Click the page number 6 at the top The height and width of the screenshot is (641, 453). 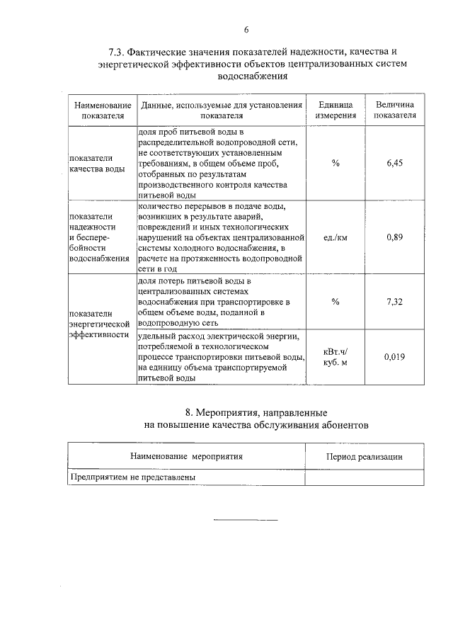pos(246,30)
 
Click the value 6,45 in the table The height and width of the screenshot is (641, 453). pos(394,163)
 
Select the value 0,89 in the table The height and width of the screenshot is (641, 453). pos(394,237)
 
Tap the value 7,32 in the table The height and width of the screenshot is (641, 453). pos(394,302)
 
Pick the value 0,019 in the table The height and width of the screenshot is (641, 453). pos(394,357)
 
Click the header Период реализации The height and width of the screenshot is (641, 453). pos(364,457)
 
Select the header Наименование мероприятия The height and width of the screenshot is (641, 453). pos(186,457)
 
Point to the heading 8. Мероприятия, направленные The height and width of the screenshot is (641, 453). pos(256,412)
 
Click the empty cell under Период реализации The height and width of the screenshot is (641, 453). pos(364,477)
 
